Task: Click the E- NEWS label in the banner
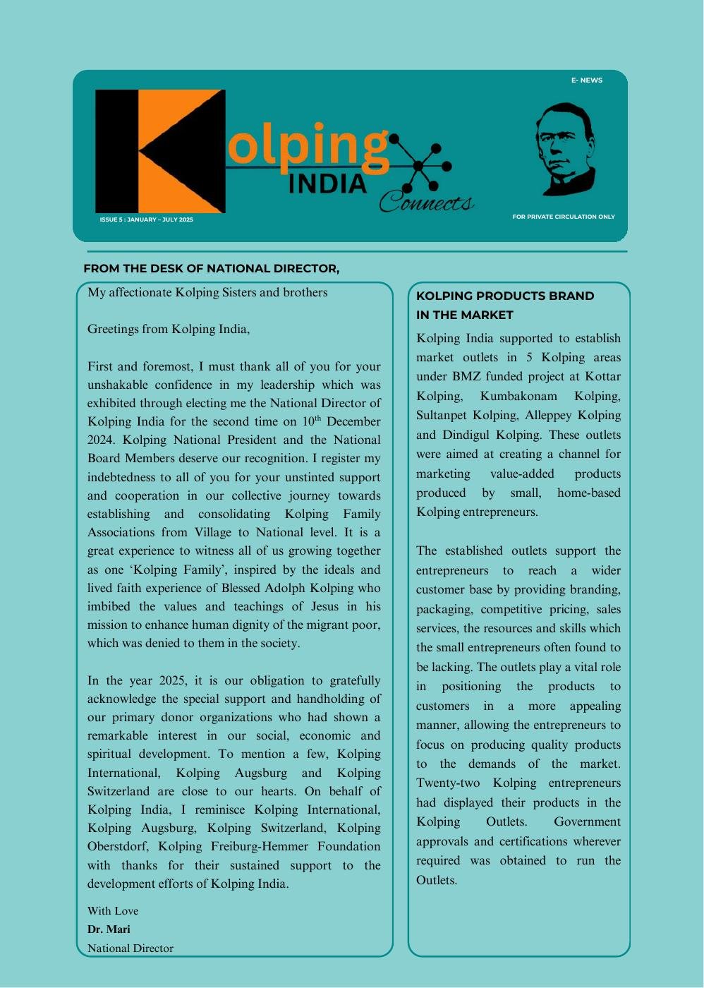(586, 80)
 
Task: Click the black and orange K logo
(160, 151)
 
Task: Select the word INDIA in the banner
(327, 184)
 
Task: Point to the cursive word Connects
(425, 203)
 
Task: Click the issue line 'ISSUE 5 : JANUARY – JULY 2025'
(146, 219)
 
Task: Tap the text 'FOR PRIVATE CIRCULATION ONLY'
(563, 217)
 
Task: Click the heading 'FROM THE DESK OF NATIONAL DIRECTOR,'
(211, 269)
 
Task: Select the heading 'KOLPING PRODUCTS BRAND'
(504, 296)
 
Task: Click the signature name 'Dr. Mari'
(109, 929)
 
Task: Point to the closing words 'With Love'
(113, 911)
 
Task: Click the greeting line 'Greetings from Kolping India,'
(168, 330)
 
